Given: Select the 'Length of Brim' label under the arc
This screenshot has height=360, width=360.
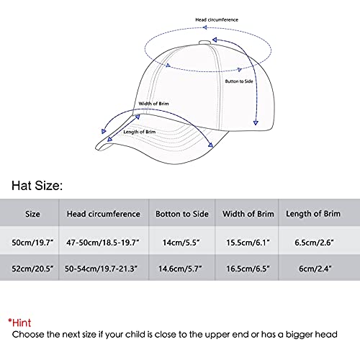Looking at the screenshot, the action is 140,132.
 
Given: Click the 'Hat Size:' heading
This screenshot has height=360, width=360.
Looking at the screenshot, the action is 36,186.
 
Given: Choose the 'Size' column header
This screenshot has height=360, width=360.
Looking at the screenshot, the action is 33,214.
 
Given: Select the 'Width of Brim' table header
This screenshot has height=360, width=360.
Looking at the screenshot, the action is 246,214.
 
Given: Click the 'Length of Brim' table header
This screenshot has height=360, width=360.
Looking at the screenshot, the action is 317,214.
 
